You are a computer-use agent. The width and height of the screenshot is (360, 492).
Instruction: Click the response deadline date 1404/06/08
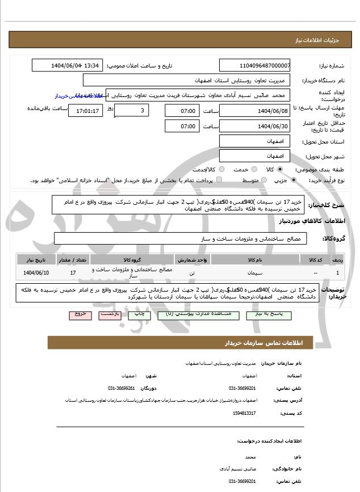(x=254, y=110)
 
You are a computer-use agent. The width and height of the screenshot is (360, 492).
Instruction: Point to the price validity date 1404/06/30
(x=254, y=126)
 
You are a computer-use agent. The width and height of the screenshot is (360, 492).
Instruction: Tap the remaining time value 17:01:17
(x=86, y=110)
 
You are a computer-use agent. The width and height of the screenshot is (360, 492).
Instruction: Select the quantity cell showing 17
(x=73, y=273)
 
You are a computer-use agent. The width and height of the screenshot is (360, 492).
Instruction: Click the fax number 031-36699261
(x=121, y=388)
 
